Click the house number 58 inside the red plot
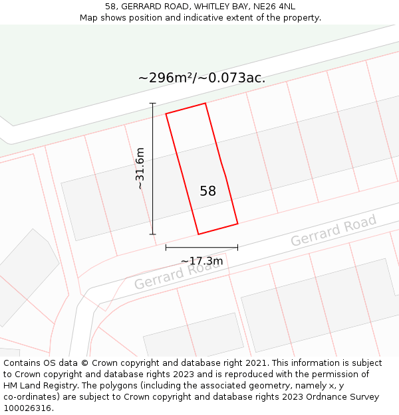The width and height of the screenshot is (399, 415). [x=208, y=191]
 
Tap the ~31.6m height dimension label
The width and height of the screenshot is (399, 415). [x=140, y=169]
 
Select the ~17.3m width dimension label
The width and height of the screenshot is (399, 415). [x=201, y=261]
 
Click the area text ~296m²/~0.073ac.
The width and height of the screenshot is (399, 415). [x=201, y=78]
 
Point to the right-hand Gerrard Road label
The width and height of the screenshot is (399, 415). [x=333, y=230]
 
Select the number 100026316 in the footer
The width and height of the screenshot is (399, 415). [x=27, y=408]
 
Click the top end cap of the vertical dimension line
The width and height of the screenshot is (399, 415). [x=153, y=104]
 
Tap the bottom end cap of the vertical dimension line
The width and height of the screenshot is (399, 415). [x=153, y=234]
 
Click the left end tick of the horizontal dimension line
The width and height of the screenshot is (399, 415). [x=166, y=247]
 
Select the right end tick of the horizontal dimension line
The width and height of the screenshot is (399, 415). [x=237, y=247]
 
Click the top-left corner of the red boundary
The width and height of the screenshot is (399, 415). [x=166, y=114]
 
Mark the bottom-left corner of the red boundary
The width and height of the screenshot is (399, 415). [x=198, y=234]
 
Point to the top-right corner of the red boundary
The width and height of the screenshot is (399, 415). [x=205, y=104]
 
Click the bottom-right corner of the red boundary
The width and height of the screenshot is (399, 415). [x=237, y=223]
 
